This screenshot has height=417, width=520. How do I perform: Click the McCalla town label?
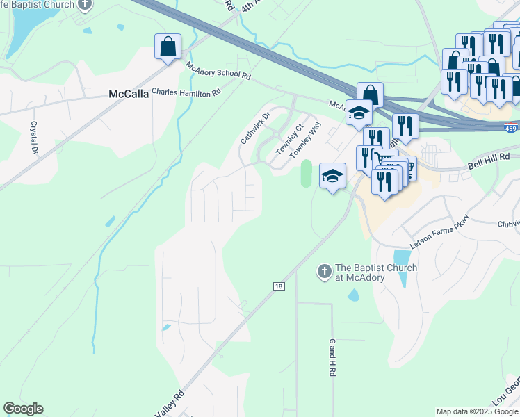pyautogui.click(x=129, y=94)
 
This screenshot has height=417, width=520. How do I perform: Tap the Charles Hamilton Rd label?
pyautogui.click(x=186, y=92)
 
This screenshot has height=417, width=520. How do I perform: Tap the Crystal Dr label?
pyautogui.click(x=33, y=137)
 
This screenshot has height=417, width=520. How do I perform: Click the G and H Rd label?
pyautogui.click(x=332, y=359)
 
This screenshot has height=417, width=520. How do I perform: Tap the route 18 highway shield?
pyautogui.click(x=278, y=286)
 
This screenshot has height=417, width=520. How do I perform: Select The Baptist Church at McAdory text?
pyautogui.click(x=376, y=272)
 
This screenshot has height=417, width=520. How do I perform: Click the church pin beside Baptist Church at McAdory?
pyautogui.click(x=323, y=272)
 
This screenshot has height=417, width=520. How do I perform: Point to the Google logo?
pyautogui.click(x=23, y=409)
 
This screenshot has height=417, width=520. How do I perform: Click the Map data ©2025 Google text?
pyautogui.click(x=477, y=411)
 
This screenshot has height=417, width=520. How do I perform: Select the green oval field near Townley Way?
pyautogui.click(x=306, y=173)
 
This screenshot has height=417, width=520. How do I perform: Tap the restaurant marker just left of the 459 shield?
pyautogui.click(x=405, y=126)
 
